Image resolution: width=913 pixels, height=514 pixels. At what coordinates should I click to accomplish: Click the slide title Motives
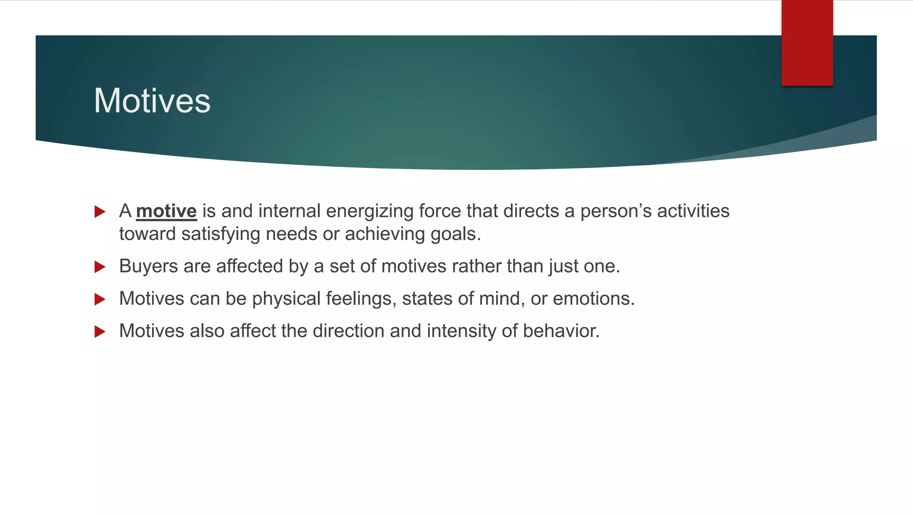tap(152, 101)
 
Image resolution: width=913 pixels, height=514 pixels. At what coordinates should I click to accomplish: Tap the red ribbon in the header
tap(807, 42)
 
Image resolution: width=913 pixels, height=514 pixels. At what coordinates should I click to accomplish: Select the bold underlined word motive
tap(166, 211)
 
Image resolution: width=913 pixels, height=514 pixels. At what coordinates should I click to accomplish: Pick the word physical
tap(286, 299)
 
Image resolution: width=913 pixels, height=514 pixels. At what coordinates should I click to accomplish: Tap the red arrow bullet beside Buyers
tap(100, 267)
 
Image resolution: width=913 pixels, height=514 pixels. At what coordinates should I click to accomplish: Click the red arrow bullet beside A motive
tap(100, 211)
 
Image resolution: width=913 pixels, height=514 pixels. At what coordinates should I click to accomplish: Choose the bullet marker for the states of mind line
tap(100, 299)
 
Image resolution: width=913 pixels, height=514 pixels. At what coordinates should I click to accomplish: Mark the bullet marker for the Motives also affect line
tap(100, 332)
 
